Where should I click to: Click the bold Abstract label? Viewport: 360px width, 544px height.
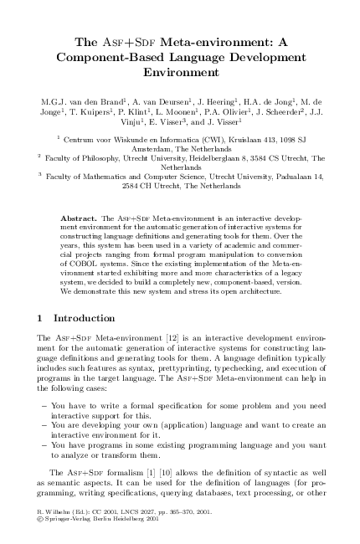point(79,218)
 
